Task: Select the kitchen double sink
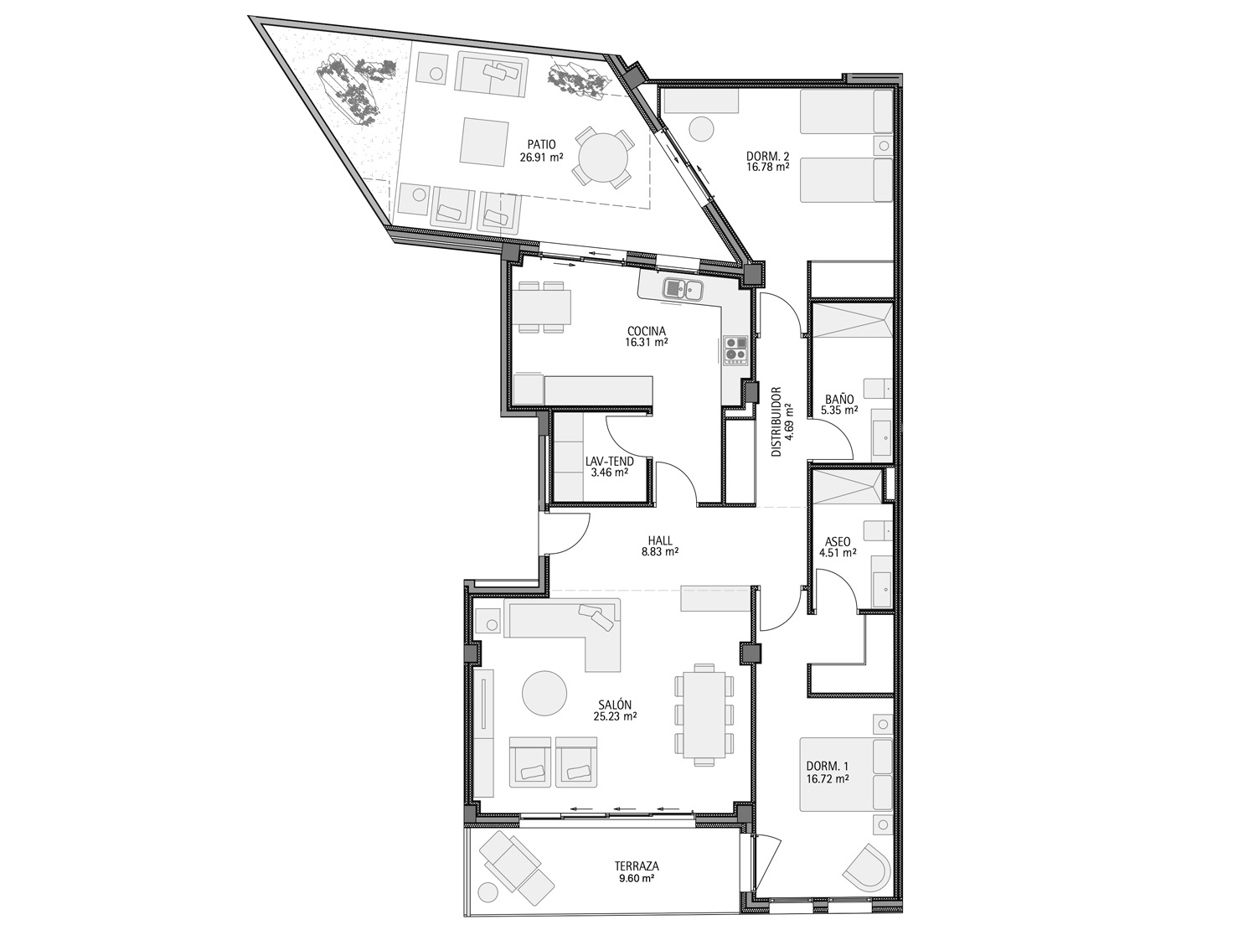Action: point(683,289)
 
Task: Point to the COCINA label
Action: point(647,332)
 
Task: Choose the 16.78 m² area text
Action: point(767,167)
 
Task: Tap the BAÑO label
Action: point(839,399)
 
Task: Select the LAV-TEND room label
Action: point(610,462)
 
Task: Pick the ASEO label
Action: point(838,542)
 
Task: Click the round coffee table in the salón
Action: point(544,693)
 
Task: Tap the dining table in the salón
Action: point(704,714)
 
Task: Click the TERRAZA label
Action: point(637,866)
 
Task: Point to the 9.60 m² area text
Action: point(637,878)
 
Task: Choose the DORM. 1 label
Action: point(828,766)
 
